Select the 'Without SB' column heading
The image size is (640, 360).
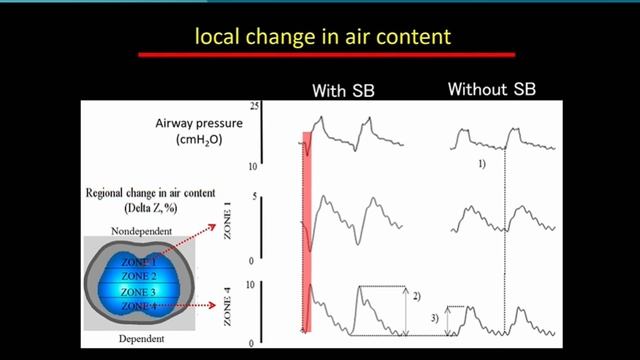click(491, 89)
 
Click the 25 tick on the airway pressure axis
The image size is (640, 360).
click(255, 106)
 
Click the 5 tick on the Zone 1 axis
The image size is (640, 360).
click(257, 196)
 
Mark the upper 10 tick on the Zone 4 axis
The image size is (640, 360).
click(254, 283)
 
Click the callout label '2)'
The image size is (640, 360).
click(416, 296)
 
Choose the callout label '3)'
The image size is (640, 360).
click(434, 317)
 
